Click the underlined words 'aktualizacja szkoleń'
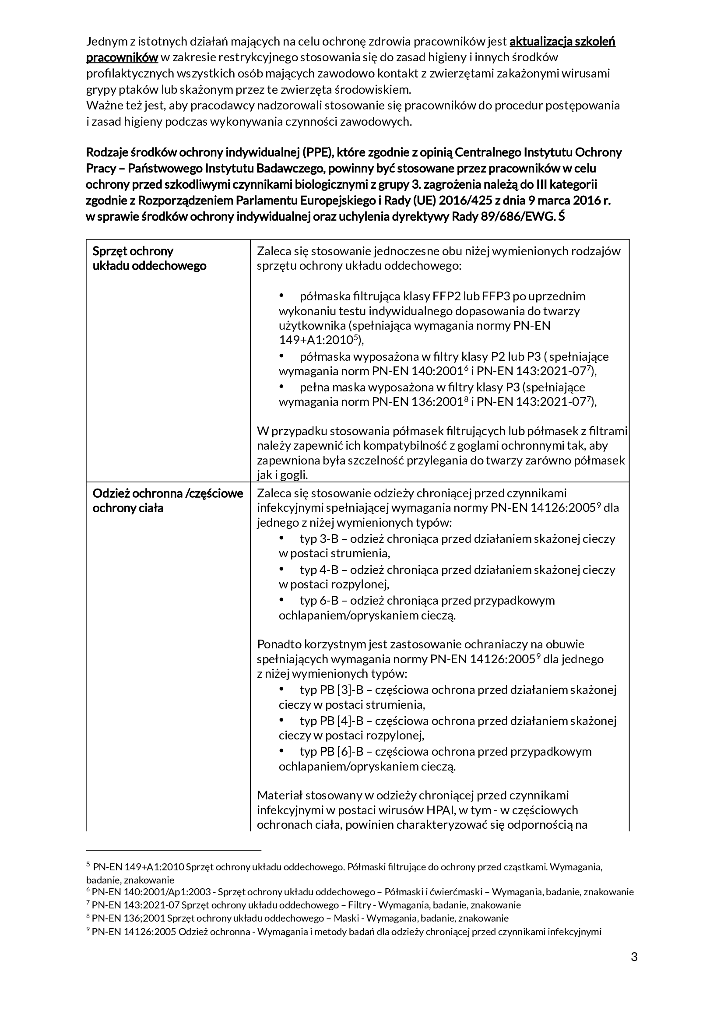[x=562, y=42]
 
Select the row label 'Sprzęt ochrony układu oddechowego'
[x=149, y=258]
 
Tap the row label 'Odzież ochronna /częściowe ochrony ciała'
[x=168, y=500]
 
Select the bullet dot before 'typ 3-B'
[x=281, y=538]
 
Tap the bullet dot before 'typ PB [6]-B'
[x=281, y=751]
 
